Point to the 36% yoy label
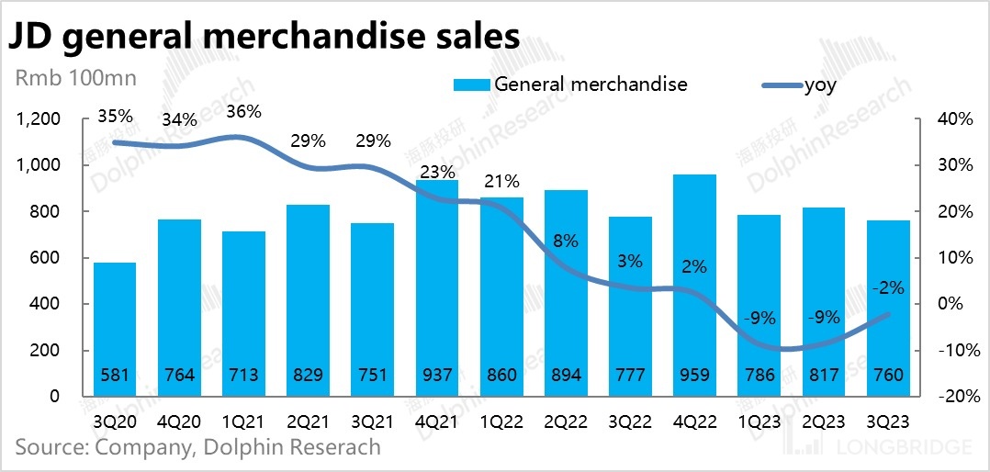click(x=243, y=112)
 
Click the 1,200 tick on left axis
click(x=37, y=119)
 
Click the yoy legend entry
click(x=819, y=84)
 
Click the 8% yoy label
click(x=567, y=242)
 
